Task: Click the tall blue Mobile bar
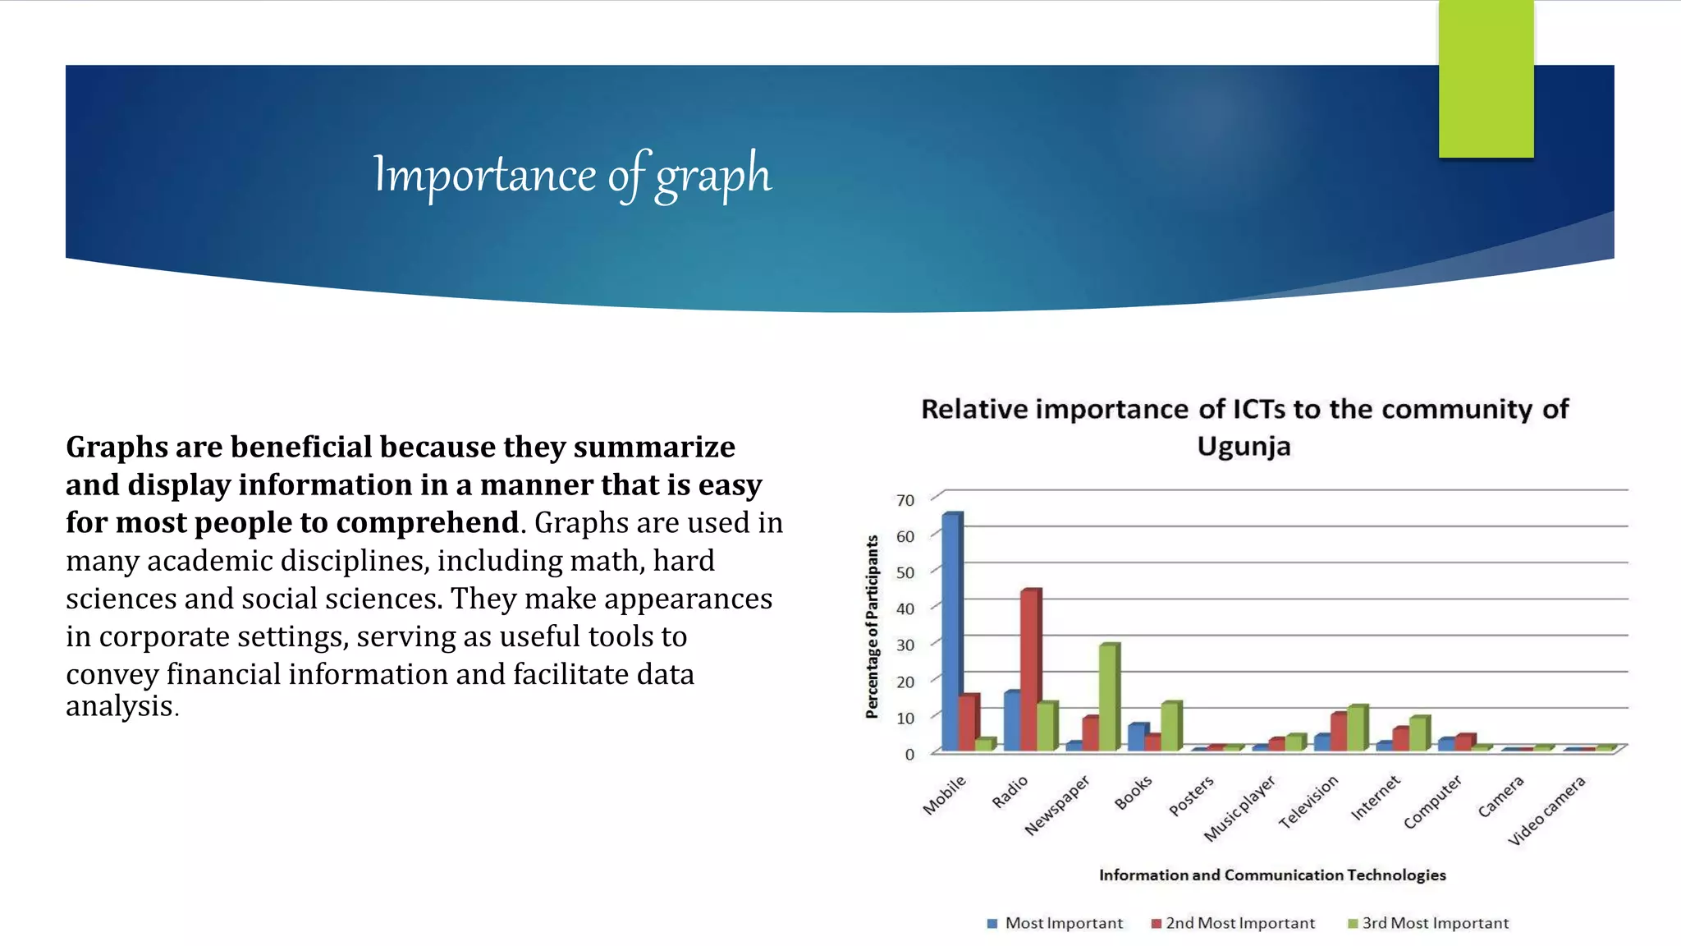tap(951, 632)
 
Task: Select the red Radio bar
tap(1029, 669)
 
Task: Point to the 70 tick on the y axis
tap(905, 500)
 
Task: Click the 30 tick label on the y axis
tap(905, 645)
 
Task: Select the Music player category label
tap(1239, 808)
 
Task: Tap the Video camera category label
tap(1546, 811)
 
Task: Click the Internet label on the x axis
tap(1375, 798)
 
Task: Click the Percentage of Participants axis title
tap(872, 627)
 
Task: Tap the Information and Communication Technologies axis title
tap(1272, 875)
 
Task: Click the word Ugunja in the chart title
tap(1244, 447)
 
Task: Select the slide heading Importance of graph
tap(572, 175)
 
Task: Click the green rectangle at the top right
tap(1486, 79)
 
